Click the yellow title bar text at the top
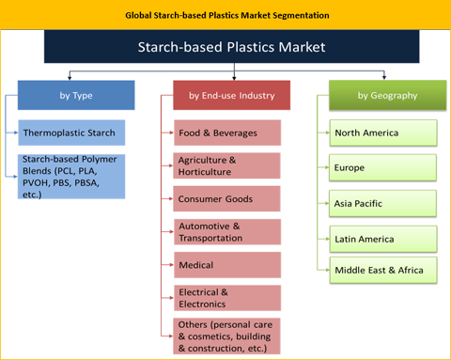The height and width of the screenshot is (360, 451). [x=225, y=16]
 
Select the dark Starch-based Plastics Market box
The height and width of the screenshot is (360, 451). [x=225, y=45]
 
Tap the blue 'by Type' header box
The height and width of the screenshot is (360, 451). [x=76, y=96]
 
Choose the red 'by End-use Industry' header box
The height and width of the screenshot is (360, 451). [x=231, y=96]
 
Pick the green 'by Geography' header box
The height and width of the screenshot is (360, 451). [x=381, y=96]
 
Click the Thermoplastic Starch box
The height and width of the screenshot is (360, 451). [x=70, y=133]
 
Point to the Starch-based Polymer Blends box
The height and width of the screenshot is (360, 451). [x=70, y=176]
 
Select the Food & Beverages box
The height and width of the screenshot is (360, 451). [x=226, y=133]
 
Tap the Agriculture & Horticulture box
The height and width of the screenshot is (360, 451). [x=226, y=166]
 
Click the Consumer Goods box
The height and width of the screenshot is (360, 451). [x=226, y=199]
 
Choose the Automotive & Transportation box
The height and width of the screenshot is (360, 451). [x=226, y=232]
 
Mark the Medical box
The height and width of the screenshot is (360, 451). [x=226, y=265]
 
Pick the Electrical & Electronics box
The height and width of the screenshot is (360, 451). [x=226, y=298]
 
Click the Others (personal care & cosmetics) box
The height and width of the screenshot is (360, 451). [x=226, y=336]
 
